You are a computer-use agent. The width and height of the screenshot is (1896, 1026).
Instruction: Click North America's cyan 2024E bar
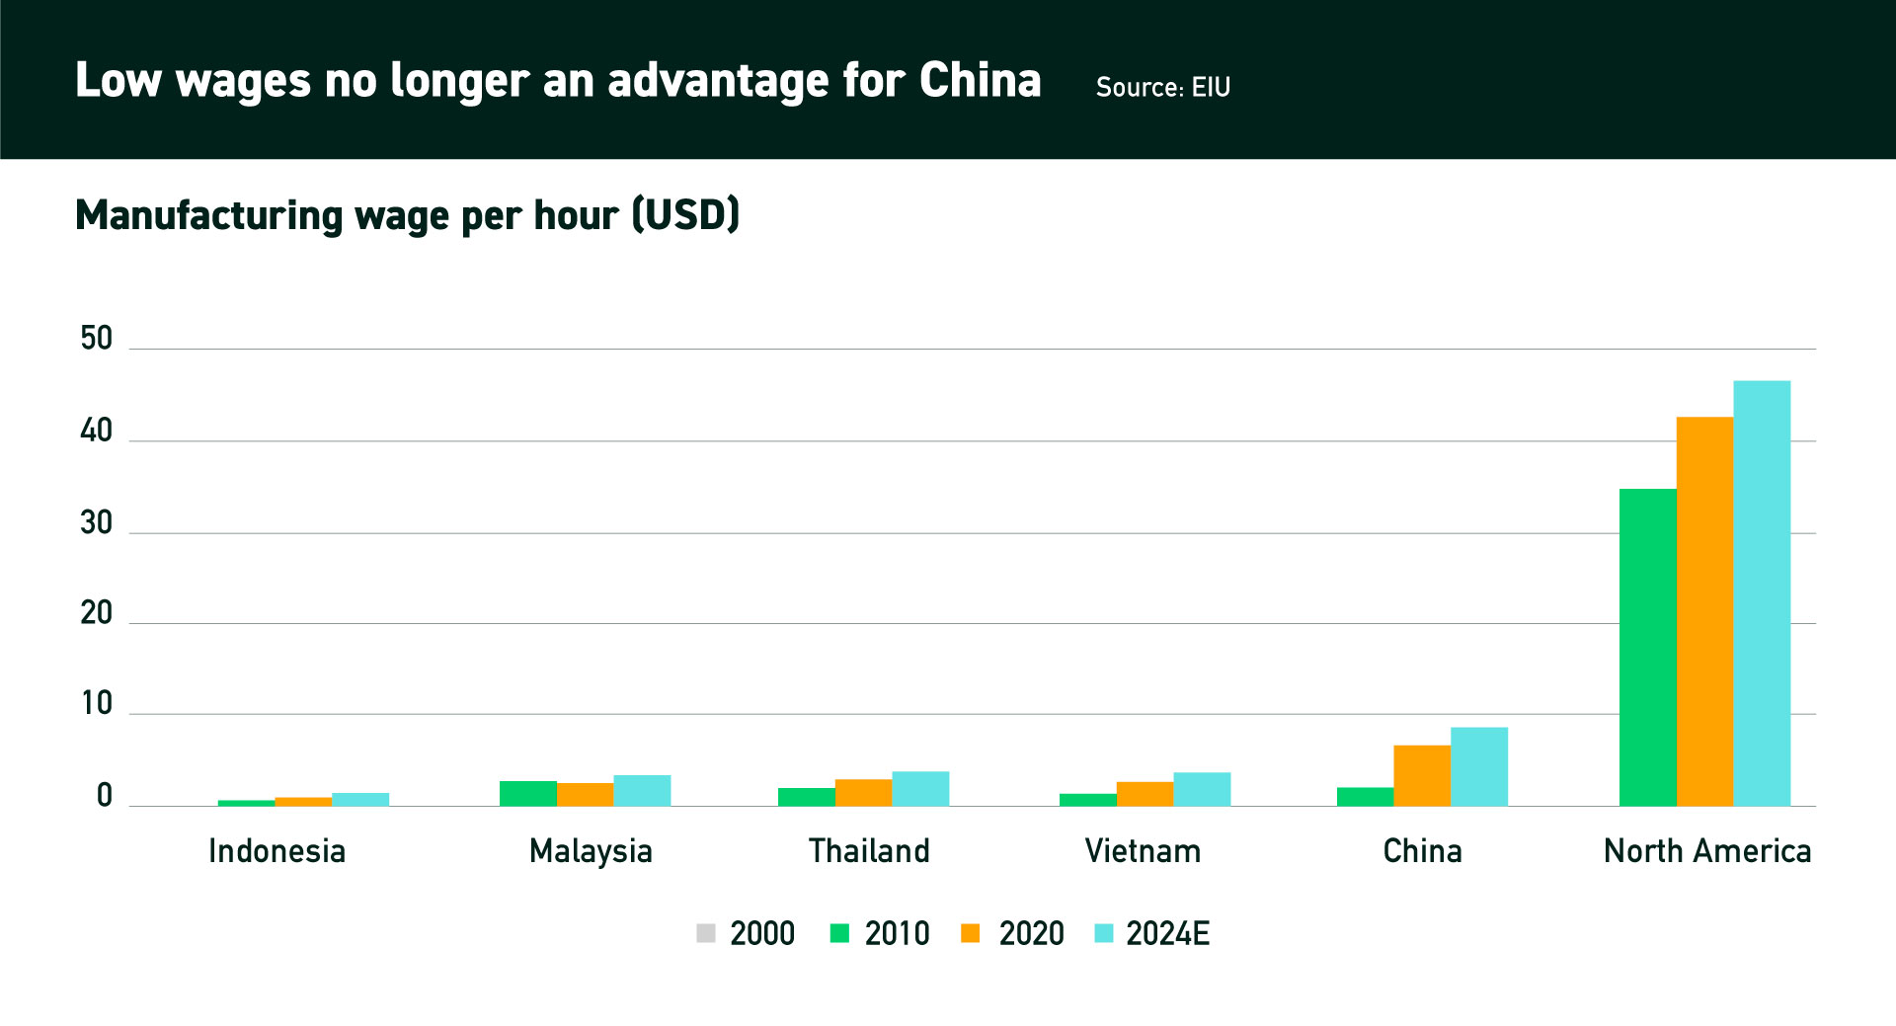click(x=1762, y=592)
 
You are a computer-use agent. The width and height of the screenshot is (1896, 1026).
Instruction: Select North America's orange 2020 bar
click(x=1704, y=611)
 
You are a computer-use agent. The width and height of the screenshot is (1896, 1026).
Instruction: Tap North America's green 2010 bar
click(x=1647, y=647)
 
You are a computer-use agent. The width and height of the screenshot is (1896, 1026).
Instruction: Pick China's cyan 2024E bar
click(x=1479, y=766)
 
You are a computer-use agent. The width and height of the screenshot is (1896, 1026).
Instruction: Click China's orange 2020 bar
click(x=1422, y=775)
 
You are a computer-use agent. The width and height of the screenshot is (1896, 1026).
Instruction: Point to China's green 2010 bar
click(x=1365, y=796)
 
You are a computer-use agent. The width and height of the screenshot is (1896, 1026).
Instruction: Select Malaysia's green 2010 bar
click(x=527, y=793)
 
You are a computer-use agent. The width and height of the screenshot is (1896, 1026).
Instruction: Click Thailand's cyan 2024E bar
click(x=920, y=788)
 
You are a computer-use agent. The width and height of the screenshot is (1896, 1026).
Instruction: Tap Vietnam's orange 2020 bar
click(x=1145, y=794)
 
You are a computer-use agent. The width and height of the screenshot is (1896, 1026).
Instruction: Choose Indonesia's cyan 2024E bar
click(x=360, y=799)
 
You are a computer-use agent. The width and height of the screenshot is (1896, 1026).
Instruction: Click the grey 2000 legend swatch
click(x=705, y=933)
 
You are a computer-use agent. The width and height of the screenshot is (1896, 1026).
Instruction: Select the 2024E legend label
click(x=1167, y=933)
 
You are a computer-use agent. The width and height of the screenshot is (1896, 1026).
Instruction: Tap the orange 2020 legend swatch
click(x=970, y=933)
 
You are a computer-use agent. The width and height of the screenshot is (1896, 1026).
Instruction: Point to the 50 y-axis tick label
click(x=97, y=339)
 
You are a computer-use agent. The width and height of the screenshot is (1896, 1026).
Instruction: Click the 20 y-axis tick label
click(x=97, y=613)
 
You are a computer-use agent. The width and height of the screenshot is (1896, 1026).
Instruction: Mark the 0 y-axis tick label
click(x=104, y=796)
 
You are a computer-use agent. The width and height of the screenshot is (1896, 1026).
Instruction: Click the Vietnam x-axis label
click(x=1143, y=850)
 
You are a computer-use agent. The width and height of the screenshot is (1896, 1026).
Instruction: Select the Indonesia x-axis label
click(x=276, y=850)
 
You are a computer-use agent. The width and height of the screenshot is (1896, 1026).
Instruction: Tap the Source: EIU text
click(x=1162, y=87)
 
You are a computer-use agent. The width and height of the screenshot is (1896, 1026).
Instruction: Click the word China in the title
click(x=980, y=80)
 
